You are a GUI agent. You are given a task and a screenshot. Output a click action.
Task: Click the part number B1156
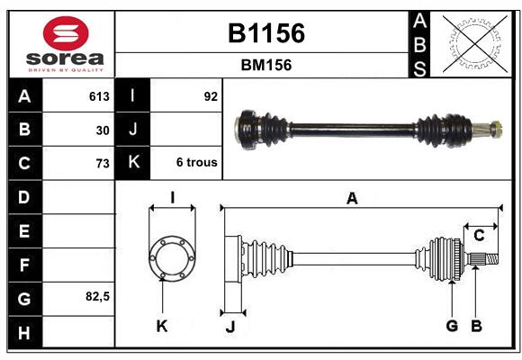click(x=266, y=33)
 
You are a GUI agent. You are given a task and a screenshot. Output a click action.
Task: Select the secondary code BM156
click(x=266, y=65)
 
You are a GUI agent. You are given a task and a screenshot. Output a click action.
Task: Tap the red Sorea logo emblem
click(x=66, y=33)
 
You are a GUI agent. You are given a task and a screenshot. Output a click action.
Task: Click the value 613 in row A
click(x=99, y=96)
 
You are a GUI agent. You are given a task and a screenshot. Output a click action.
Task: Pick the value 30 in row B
click(x=103, y=130)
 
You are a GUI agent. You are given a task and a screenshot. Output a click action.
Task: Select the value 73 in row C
click(x=103, y=164)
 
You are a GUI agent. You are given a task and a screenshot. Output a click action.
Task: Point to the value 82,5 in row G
click(x=97, y=296)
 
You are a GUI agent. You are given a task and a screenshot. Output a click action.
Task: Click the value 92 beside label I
click(x=211, y=96)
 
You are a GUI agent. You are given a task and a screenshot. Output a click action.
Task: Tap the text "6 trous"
click(x=197, y=162)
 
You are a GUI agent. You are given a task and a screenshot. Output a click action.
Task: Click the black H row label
click(x=25, y=332)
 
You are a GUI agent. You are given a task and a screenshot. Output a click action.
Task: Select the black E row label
click(x=25, y=230)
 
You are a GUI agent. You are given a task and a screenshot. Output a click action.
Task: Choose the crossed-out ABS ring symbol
click(x=475, y=44)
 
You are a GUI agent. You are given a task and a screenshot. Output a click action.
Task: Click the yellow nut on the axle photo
click(x=497, y=130)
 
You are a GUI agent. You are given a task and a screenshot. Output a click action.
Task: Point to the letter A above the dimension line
click(x=352, y=199)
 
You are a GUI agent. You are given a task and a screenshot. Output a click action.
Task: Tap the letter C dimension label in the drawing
click(x=479, y=236)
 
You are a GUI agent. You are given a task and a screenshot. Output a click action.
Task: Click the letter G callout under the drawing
click(x=452, y=326)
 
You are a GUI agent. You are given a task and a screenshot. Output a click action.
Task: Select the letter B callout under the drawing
click(x=476, y=326)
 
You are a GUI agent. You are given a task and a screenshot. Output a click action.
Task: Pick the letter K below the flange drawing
click(x=162, y=326)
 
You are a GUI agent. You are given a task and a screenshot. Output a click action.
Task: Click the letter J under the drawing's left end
click(x=230, y=327)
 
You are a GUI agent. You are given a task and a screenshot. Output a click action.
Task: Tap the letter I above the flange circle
click(x=173, y=198)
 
